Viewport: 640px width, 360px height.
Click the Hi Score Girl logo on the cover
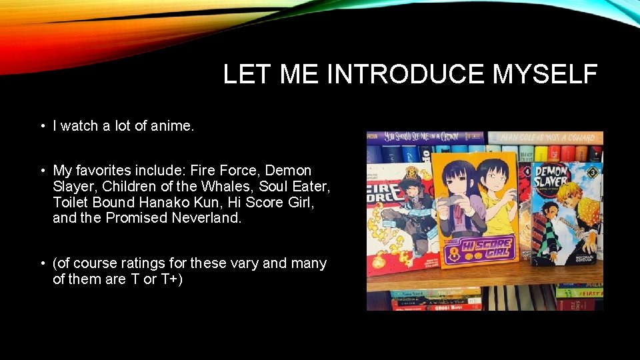pos(478,249)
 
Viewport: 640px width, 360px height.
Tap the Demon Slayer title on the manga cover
pos(552,177)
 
